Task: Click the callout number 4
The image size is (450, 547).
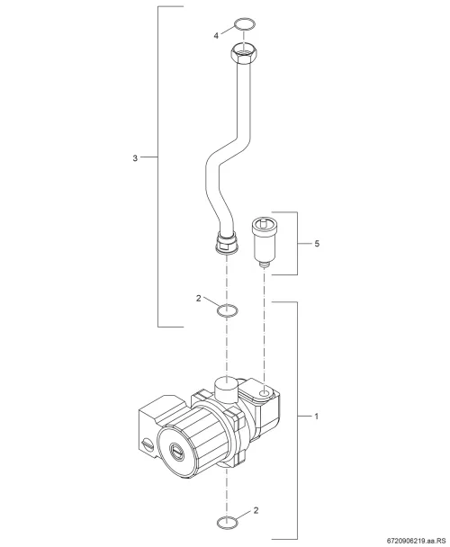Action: click(x=216, y=36)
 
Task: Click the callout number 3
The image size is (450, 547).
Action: click(x=135, y=158)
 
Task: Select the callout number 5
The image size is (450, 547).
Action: click(x=317, y=244)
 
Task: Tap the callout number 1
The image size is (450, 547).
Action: click(x=316, y=417)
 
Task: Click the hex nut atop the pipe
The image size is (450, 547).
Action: click(x=244, y=52)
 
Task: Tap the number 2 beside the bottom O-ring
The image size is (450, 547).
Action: click(x=256, y=510)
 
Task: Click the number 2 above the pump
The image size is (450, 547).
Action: click(x=198, y=299)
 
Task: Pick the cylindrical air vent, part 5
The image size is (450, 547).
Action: click(x=265, y=241)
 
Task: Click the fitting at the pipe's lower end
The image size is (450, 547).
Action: click(x=228, y=242)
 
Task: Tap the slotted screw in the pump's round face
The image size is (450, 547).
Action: click(x=175, y=450)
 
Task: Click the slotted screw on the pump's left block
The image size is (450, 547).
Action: click(x=148, y=444)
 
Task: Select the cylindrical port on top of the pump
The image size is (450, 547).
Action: click(x=226, y=390)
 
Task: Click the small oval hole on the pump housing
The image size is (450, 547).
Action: click(x=265, y=393)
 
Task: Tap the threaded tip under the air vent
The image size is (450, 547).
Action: click(x=265, y=265)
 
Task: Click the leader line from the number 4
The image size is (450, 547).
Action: click(x=228, y=30)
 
